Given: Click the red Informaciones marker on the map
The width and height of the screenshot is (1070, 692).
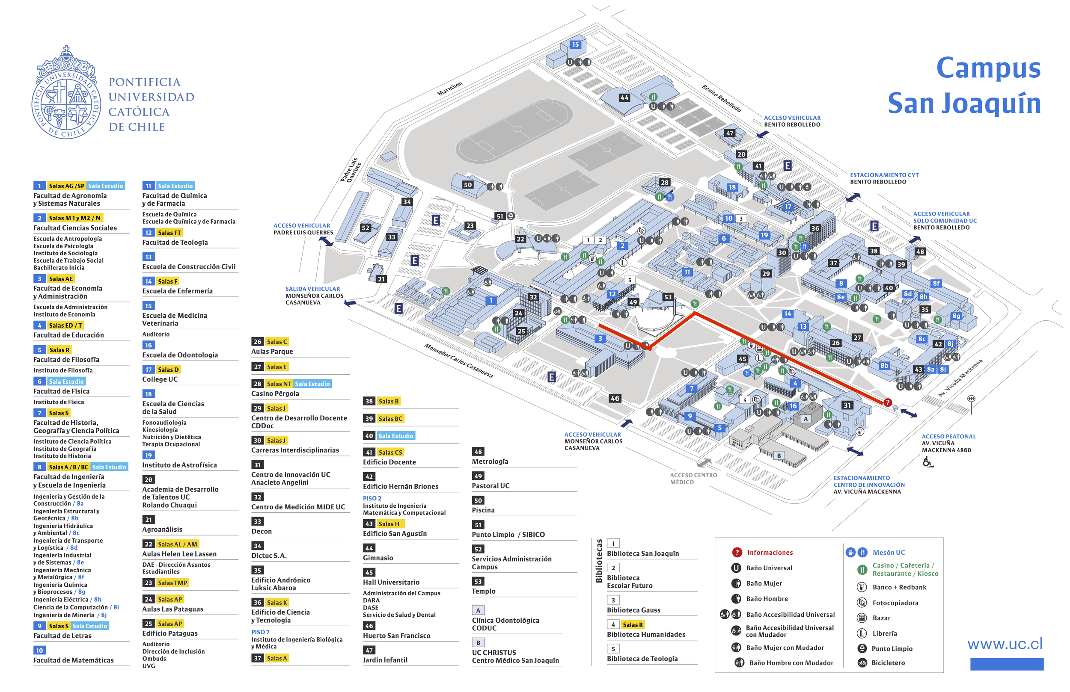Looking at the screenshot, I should point(888,402).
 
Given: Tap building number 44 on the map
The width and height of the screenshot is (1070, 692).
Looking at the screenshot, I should point(624,98).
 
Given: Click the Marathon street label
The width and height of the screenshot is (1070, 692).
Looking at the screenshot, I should point(449,89).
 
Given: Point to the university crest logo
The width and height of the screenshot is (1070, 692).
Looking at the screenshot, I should point(66,93).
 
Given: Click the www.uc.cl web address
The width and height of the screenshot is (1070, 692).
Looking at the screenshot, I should point(1005,644).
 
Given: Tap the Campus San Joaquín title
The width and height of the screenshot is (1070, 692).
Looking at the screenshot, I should point(964,86).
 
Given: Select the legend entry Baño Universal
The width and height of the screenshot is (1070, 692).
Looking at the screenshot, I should point(769,568).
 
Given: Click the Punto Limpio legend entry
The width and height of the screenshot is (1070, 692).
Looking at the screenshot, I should point(892,648).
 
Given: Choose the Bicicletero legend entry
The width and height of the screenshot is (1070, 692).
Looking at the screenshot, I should point(888,663).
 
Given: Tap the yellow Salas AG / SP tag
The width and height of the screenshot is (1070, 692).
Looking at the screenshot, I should point(66,186).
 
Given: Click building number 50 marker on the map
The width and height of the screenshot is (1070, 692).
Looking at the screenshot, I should point(467,185).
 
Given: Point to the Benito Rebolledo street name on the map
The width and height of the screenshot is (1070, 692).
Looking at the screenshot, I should point(721,98).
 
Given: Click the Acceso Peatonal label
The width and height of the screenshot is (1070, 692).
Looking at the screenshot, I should point(948,436).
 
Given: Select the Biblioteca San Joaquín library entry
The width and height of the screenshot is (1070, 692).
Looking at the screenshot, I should point(643,553).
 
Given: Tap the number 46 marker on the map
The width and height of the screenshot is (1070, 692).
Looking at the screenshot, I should point(615,398).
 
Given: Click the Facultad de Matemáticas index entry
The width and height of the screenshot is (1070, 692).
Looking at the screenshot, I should point(73,660).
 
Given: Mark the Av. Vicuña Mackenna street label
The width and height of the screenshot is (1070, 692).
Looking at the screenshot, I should point(960,379).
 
